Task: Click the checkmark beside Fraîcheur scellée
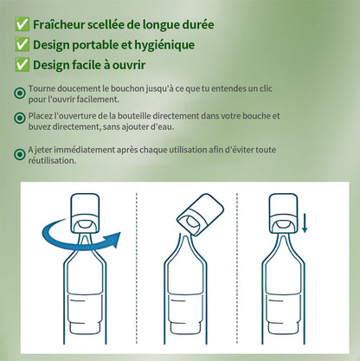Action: (22, 24)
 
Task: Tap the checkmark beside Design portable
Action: (22, 45)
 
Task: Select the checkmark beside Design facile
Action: (22, 65)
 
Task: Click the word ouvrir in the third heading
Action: (129, 65)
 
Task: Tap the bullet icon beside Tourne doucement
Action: (20, 93)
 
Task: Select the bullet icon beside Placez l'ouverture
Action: (20, 118)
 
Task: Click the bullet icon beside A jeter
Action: (20, 154)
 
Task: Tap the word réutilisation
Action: (52, 160)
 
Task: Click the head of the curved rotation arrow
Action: (114, 239)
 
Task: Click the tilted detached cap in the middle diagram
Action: (201, 215)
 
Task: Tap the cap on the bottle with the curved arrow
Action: (86, 213)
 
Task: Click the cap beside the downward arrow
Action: (283, 213)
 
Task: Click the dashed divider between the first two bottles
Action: (137, 268)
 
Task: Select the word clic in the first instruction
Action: (266, 88)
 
